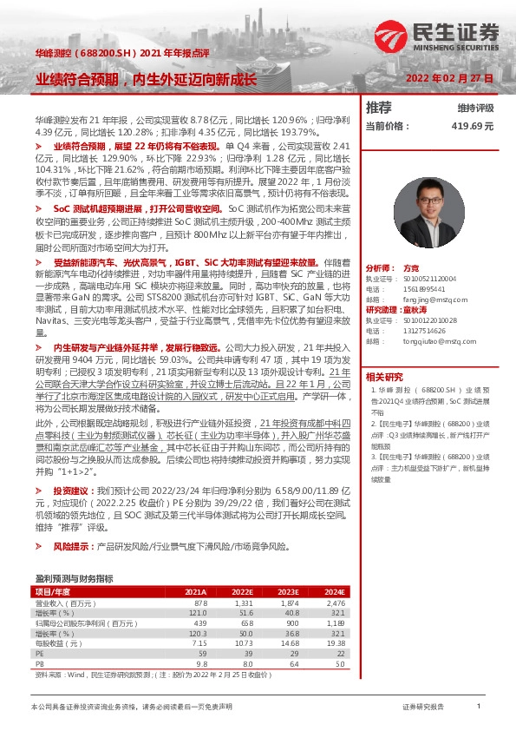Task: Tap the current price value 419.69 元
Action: pyautogui.click(x=471, y=126)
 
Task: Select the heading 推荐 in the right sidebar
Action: pyautogui.click(x=378, y=108)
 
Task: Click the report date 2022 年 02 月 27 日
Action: pyautogui.click(x=450, y=78)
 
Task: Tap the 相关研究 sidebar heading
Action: pyautogui.click(x=384, y=377)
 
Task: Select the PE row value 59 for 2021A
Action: pyautogui.click(x=202, y=652)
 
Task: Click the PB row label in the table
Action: pyautogui.click(x=39, y=662)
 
